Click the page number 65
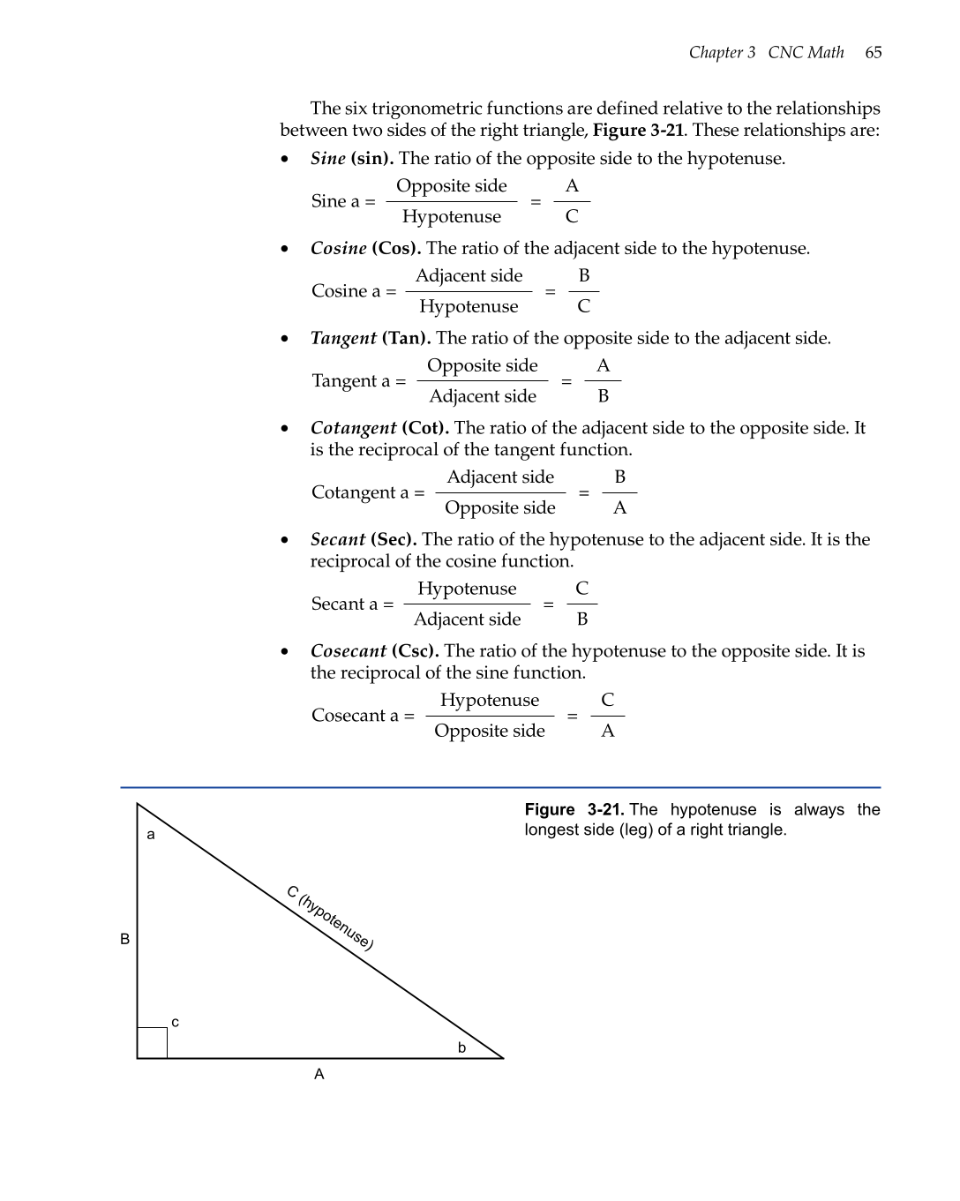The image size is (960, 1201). pyautogui.click(x=873, y=52)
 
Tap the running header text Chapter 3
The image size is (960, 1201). pyautogui.click(x=722, y=52)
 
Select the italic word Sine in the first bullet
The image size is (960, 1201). pyautogui.click(x=327, y=159)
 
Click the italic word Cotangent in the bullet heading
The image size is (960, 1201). pyautogui.click(x=353, y=428)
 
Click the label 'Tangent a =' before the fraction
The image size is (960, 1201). pyautogui.click(x=358, y=381)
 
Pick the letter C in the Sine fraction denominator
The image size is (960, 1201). pyautogui.click(x=572, y=217)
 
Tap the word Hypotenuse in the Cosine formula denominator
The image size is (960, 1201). pyautogui.click(x=469, y=307)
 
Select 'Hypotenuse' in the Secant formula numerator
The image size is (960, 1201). pyautogui.click(x=467, y=589)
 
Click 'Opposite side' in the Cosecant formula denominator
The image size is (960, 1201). pyautogui.click(x=490, y=732)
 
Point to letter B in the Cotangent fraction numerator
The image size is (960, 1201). pyautogui.click(x=620, y=477)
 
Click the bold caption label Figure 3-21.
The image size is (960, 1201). pyautogui.click(x=574, y=810)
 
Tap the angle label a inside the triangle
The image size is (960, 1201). pyautogui.click(x=151, y=835)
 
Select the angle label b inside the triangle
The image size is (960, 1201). pyautogui.click(x=461, y=1047)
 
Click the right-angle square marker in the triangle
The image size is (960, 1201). pyautogui.click(x=153, y=1043)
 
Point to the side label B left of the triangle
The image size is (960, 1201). pyautogui.click(x=125, y=939)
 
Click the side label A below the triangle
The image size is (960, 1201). pyautogui.click(x=319, y=1074)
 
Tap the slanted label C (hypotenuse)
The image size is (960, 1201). pyautogui.click(x=330, y=918)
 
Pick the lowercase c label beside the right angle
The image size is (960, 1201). pyautogui.click(x=175, y=1022)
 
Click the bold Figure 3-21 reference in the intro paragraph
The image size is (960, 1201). pyautogui.click(x=638, y=131)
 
